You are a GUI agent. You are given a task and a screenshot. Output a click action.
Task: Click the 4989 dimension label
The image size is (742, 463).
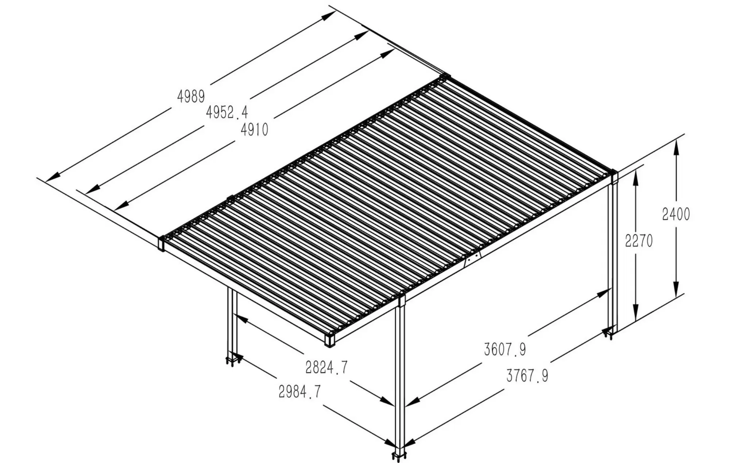coord(191,97)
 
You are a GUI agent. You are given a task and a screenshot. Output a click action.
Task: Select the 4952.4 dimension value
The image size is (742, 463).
coord(227,112)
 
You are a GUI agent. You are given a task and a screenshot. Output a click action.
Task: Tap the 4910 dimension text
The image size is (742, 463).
coord(254,129)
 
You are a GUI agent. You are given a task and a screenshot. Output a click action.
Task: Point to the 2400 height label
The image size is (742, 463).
coord(676,214)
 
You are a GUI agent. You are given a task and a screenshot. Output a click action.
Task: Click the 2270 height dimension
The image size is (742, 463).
coord(639,241)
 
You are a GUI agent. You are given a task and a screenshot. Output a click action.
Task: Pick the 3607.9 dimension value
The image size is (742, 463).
coord(505,349)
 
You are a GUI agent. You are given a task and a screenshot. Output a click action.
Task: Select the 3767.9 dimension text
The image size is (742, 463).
coord(527,376)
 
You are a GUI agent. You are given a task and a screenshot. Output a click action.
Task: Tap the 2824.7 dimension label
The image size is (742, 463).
coord(326,367)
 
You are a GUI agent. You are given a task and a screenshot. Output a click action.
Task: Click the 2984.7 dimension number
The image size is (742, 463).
coord(299,392)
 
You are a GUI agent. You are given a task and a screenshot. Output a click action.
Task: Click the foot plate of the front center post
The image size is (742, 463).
coord(400,456)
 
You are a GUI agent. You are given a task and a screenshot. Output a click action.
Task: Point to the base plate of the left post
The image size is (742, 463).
coord(232,361)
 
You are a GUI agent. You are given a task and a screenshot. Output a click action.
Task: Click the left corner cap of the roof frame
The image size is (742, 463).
coord(161,244)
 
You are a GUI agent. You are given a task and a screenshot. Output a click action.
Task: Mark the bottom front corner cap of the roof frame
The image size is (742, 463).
coord(330,339)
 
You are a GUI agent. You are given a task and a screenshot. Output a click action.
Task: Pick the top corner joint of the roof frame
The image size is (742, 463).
coord(445,77)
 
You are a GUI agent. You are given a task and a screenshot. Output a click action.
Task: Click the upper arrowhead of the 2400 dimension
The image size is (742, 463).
coord(676,147)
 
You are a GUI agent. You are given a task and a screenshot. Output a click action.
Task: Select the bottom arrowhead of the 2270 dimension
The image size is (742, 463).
coord(635,314)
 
